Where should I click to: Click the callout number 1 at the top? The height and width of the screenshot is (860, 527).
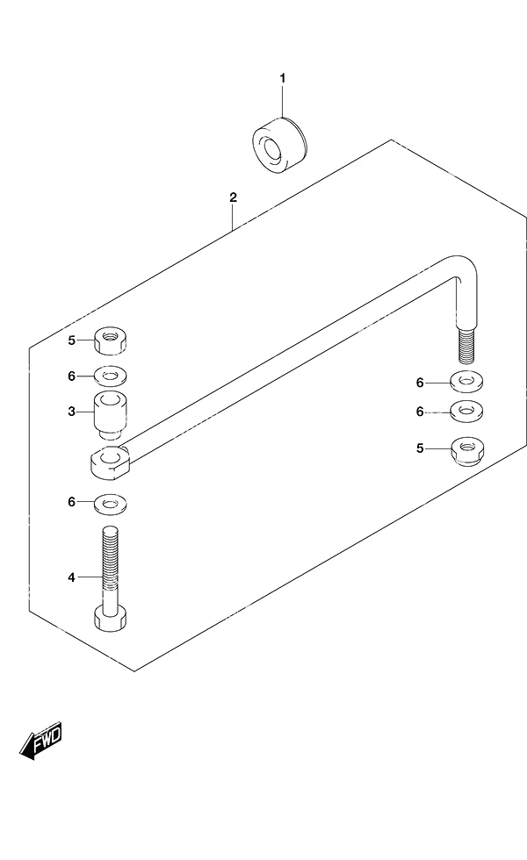coord(283,78)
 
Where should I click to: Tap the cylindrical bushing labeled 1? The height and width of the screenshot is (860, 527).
coord(280,146)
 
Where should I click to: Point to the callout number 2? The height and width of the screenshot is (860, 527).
coord(234,197)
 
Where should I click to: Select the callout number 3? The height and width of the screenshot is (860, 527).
coord(71,412)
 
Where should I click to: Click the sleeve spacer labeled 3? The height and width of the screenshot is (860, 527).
coord(110,415)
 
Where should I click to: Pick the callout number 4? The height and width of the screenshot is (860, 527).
coord(71,577)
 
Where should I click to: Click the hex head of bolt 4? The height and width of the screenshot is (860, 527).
coord(110,618)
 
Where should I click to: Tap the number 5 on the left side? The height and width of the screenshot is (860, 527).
coord(71,340)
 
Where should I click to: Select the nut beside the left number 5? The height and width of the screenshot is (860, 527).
coord(110,340)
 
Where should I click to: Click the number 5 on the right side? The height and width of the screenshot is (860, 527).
coord(420,448)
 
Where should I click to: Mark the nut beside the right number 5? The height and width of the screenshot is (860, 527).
coord(467,451)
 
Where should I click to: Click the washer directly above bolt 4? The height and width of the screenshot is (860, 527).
coord(110,504)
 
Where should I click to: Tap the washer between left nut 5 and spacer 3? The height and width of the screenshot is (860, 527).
coord(110,376)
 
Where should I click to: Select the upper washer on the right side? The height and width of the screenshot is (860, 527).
coord(466,382)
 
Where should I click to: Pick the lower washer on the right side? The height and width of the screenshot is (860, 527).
coord(466,412)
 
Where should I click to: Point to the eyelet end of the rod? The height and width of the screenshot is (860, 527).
coord(110,462)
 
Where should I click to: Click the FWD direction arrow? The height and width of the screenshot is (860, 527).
coord(40,742)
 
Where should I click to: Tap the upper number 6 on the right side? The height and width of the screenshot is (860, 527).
coord(420,383)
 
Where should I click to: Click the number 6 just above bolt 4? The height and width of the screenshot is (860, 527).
coord(71,502)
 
